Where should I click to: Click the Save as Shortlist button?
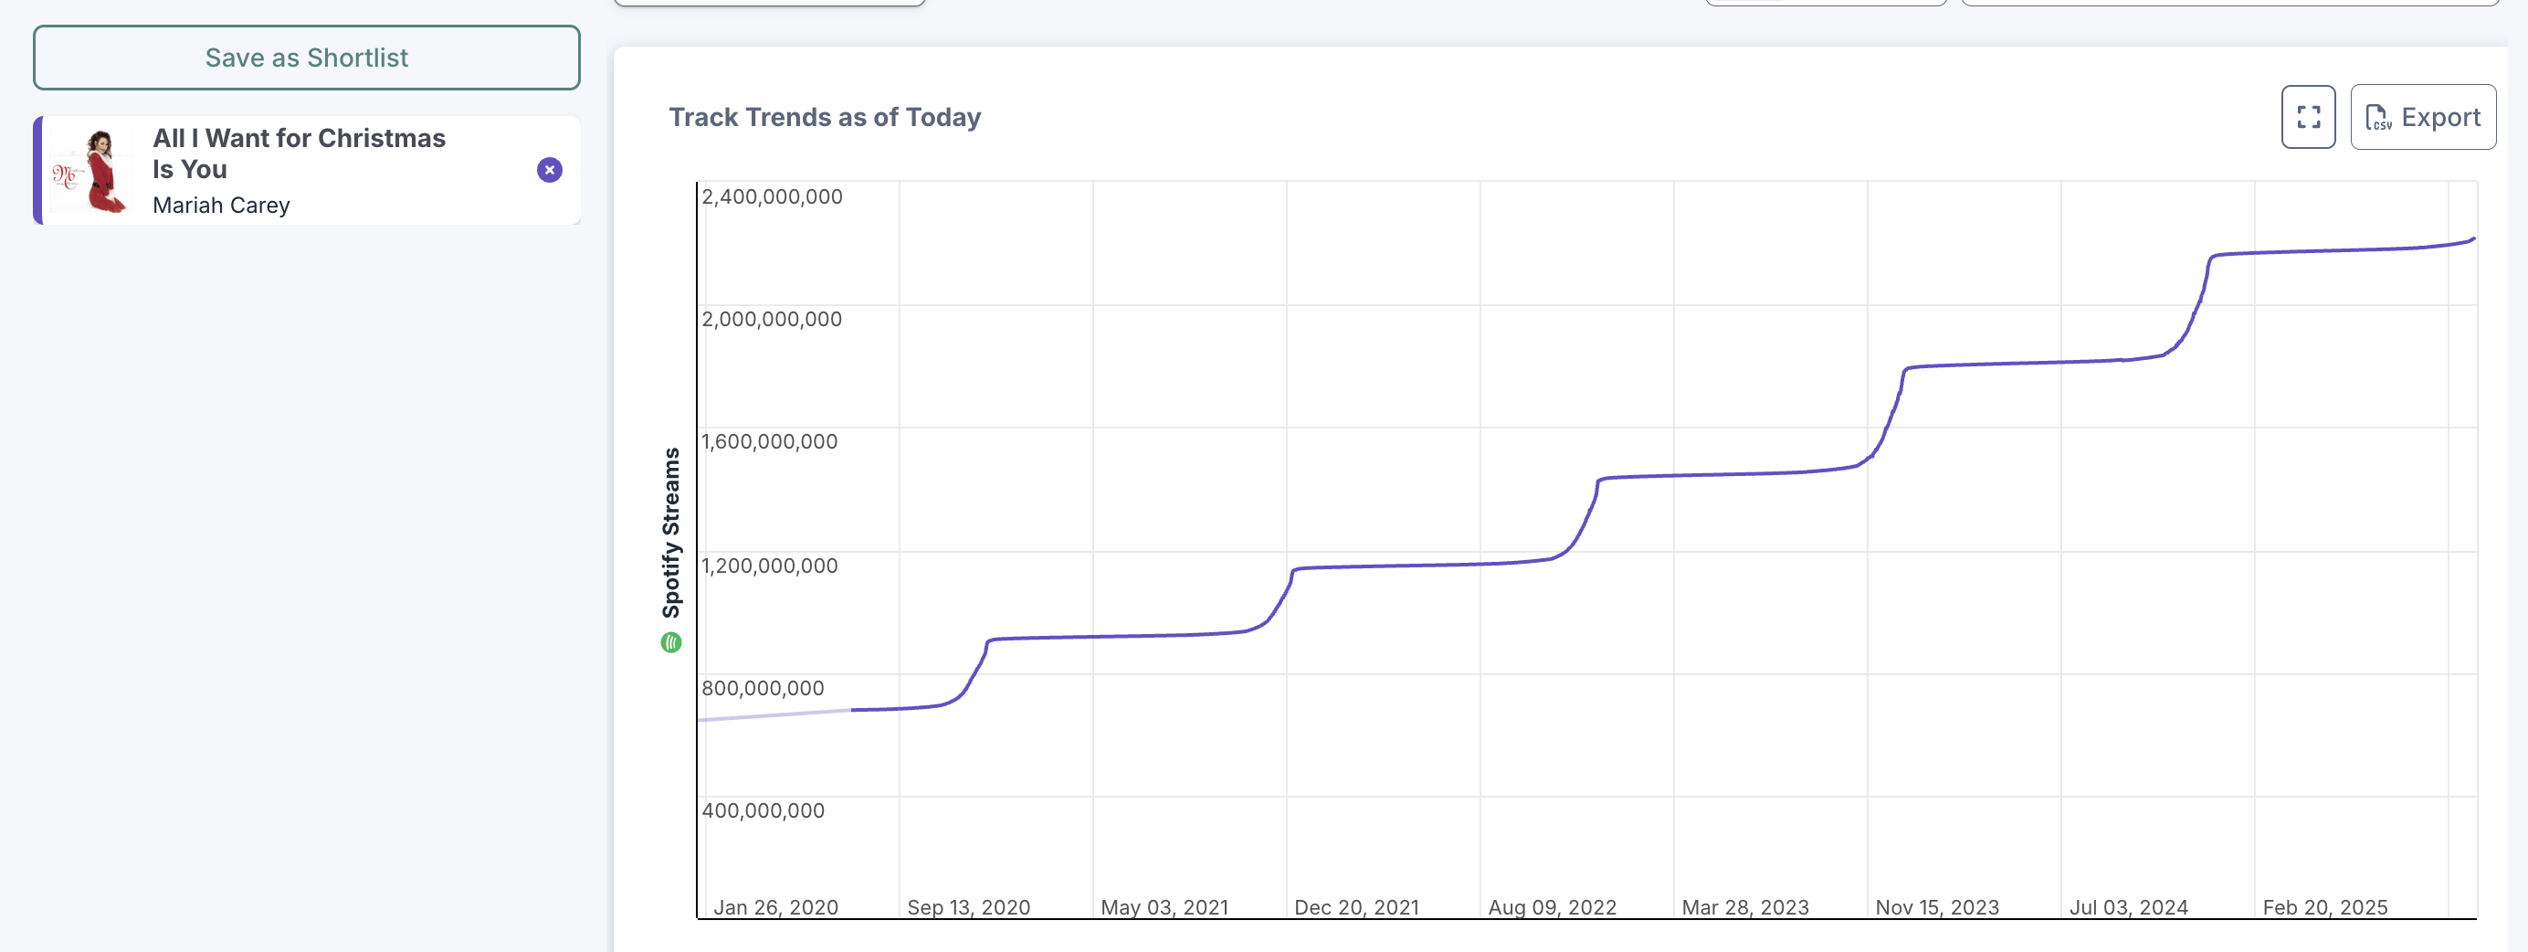click(x=306, y=58)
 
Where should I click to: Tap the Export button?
click(x=2422, y=118)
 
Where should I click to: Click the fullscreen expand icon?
click(x=2307, y=118)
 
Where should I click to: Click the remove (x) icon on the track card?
click(x=550, y=170)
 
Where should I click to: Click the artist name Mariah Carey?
click(x=221, y=206)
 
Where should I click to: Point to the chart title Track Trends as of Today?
click(x=825, y=118)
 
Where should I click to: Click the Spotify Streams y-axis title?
click(x=671, y=532)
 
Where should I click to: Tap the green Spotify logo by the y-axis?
click(x=671, y=643)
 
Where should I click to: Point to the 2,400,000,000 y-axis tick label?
click(x=772, y=196)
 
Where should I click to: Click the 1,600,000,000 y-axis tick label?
click(x=769, y=441)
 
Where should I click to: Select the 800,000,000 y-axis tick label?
click(x=763, y=688)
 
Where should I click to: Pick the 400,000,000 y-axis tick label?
click(x=763, y=810)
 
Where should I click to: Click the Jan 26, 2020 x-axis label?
click(x=775, y=907)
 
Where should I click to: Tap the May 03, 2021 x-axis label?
click(x=1164, y=907)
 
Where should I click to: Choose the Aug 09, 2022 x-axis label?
click(x=1552, y=907)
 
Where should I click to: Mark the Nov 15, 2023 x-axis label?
click(x=1936, y=907)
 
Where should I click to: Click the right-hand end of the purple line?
click(x=2472, y=238)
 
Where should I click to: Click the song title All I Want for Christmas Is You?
click(x=299, y=153)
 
